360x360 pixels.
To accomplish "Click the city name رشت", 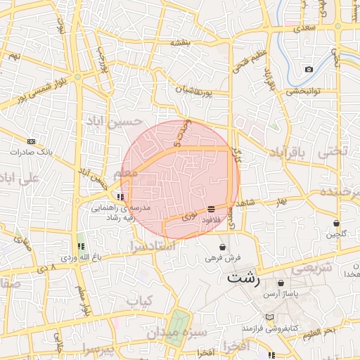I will point(243,278).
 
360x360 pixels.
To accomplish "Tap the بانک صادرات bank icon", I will point(30,142).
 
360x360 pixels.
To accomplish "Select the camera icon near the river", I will point(309,69).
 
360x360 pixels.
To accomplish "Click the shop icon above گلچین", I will point(336,224).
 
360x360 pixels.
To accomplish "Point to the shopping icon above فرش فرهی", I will point(223,247).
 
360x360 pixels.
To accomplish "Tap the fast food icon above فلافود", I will point(212,208).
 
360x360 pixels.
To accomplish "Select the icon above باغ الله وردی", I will point(80,246).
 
